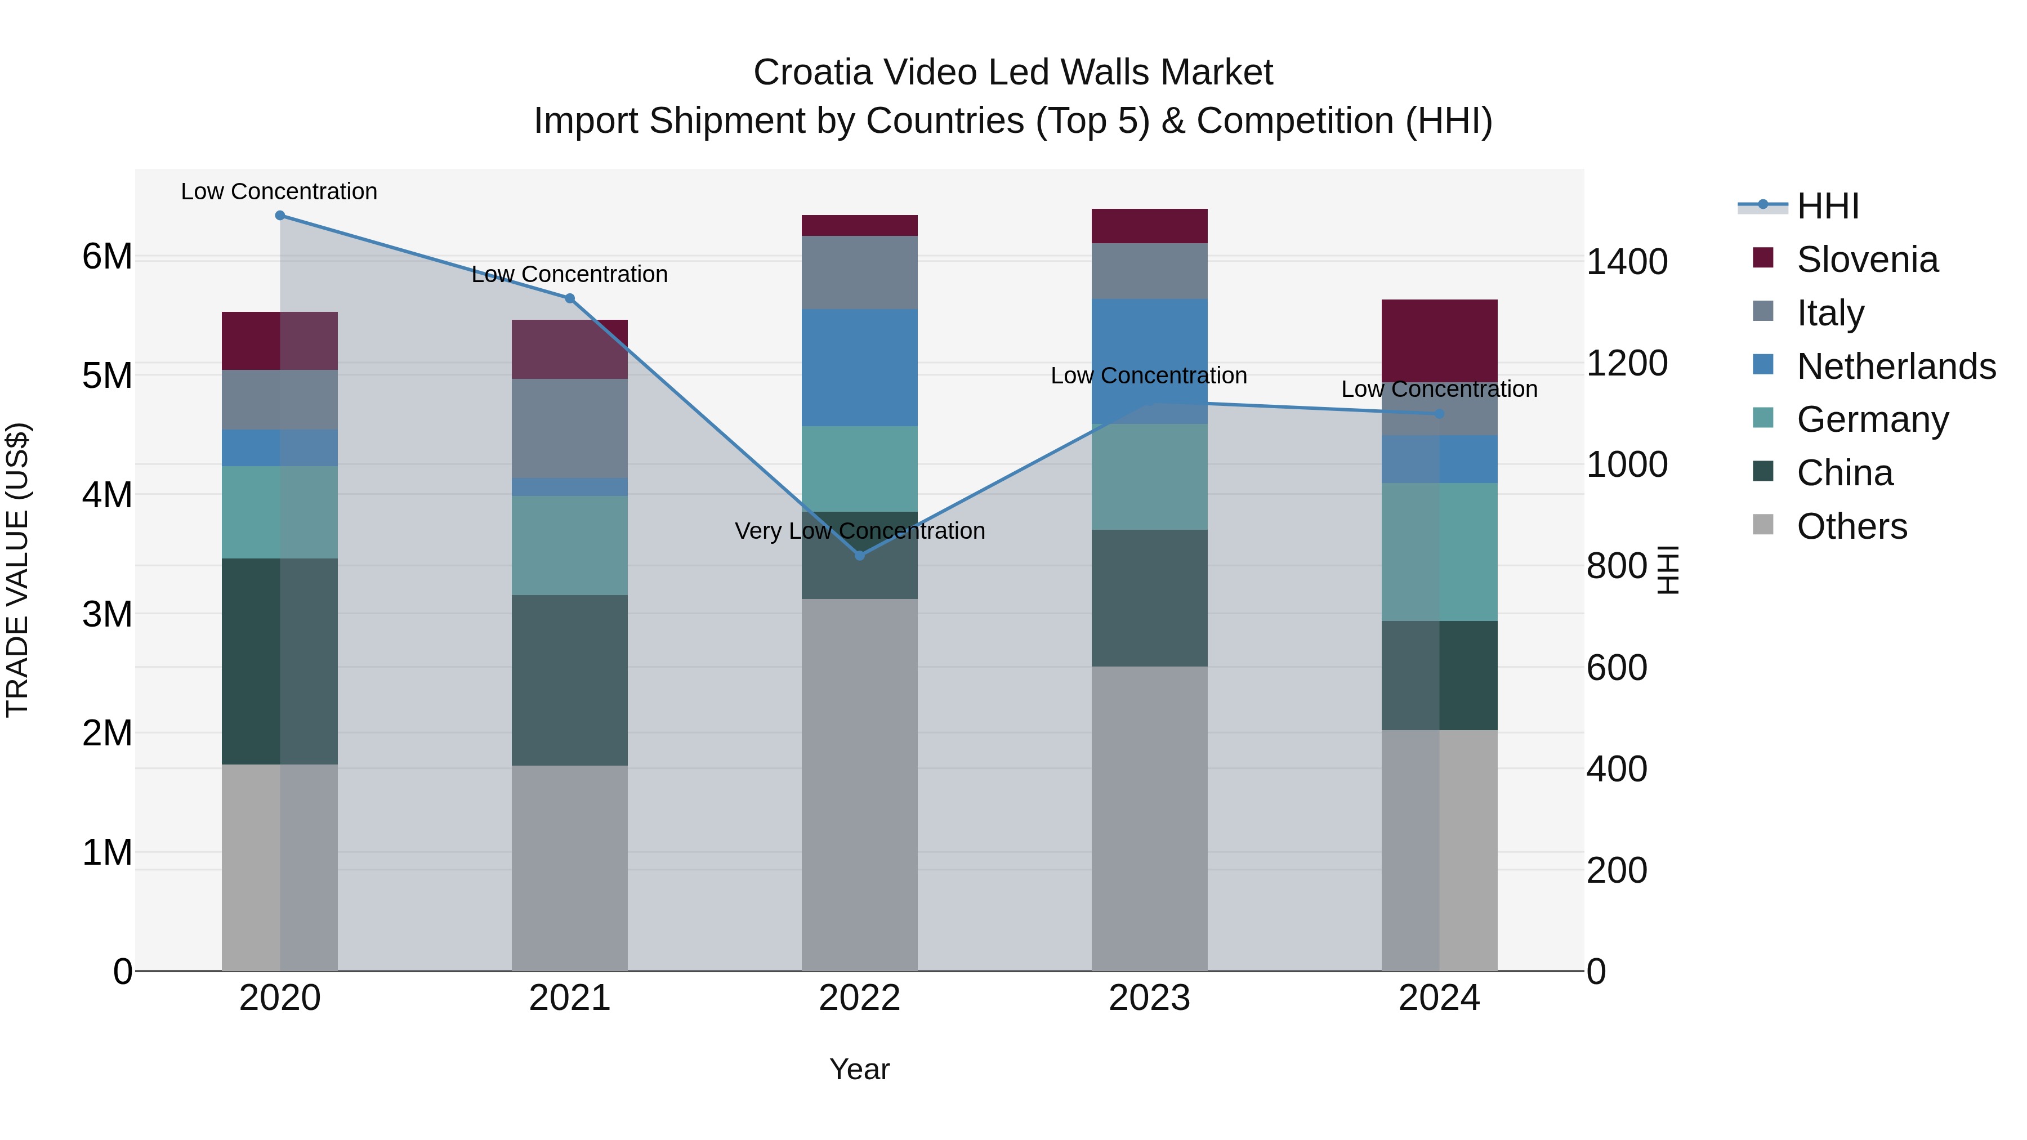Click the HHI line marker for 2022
click(x=859, y=556)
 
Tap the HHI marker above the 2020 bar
click(x=280, y=216)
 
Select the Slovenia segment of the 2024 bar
click(x=1439, y=341)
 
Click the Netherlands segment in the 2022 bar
click(x=859, y=368)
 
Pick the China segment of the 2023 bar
click(x=1149, y=598)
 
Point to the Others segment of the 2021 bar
click(x=570, y=868)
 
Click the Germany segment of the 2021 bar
click(x=570, y=545)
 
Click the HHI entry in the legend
click(x=1827, y=206)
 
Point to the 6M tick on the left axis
click(x=107, y=257)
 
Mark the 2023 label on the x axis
click(x=1149, y=998)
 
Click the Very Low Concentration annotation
click(x=859, y=531)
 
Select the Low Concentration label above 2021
click(x=570, y=275)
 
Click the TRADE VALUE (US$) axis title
click(x=17, y=570)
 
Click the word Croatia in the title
click(x=813, y=73)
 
